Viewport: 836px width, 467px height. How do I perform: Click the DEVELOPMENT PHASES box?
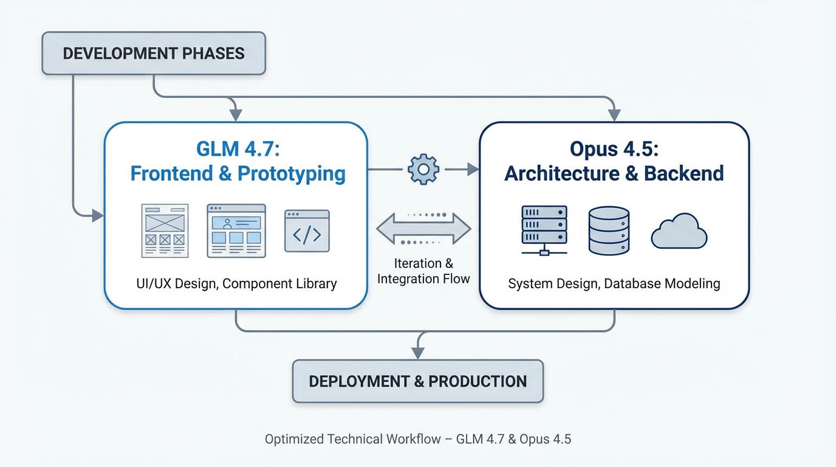pos(154,54)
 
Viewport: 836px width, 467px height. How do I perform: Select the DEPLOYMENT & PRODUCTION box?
pos(417,381)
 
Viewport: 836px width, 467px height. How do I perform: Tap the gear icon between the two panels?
pos(423,170)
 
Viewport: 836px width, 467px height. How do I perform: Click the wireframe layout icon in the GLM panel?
pos(165,230)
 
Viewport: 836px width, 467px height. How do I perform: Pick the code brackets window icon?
pos(307,231)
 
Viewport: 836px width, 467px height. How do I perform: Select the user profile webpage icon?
pos(236,230)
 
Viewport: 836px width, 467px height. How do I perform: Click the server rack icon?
pos(544,230)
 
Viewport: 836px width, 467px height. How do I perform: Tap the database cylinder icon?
pos(609,230)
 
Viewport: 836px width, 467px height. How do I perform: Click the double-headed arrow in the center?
pos(423,229)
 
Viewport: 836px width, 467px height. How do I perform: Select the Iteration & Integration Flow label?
pos(423,271)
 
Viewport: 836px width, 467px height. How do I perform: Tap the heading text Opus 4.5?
pos(614,148)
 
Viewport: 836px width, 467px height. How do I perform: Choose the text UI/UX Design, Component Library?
pos(236,283)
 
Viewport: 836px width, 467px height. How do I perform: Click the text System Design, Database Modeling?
pos(614,283)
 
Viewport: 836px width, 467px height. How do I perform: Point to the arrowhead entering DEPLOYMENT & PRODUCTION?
pos(417,352)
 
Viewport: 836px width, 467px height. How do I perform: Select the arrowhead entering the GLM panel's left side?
pos(97,215)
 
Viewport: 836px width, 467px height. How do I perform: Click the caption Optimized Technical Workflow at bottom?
pos(417,439)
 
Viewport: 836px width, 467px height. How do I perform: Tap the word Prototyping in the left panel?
pos(292,174)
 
